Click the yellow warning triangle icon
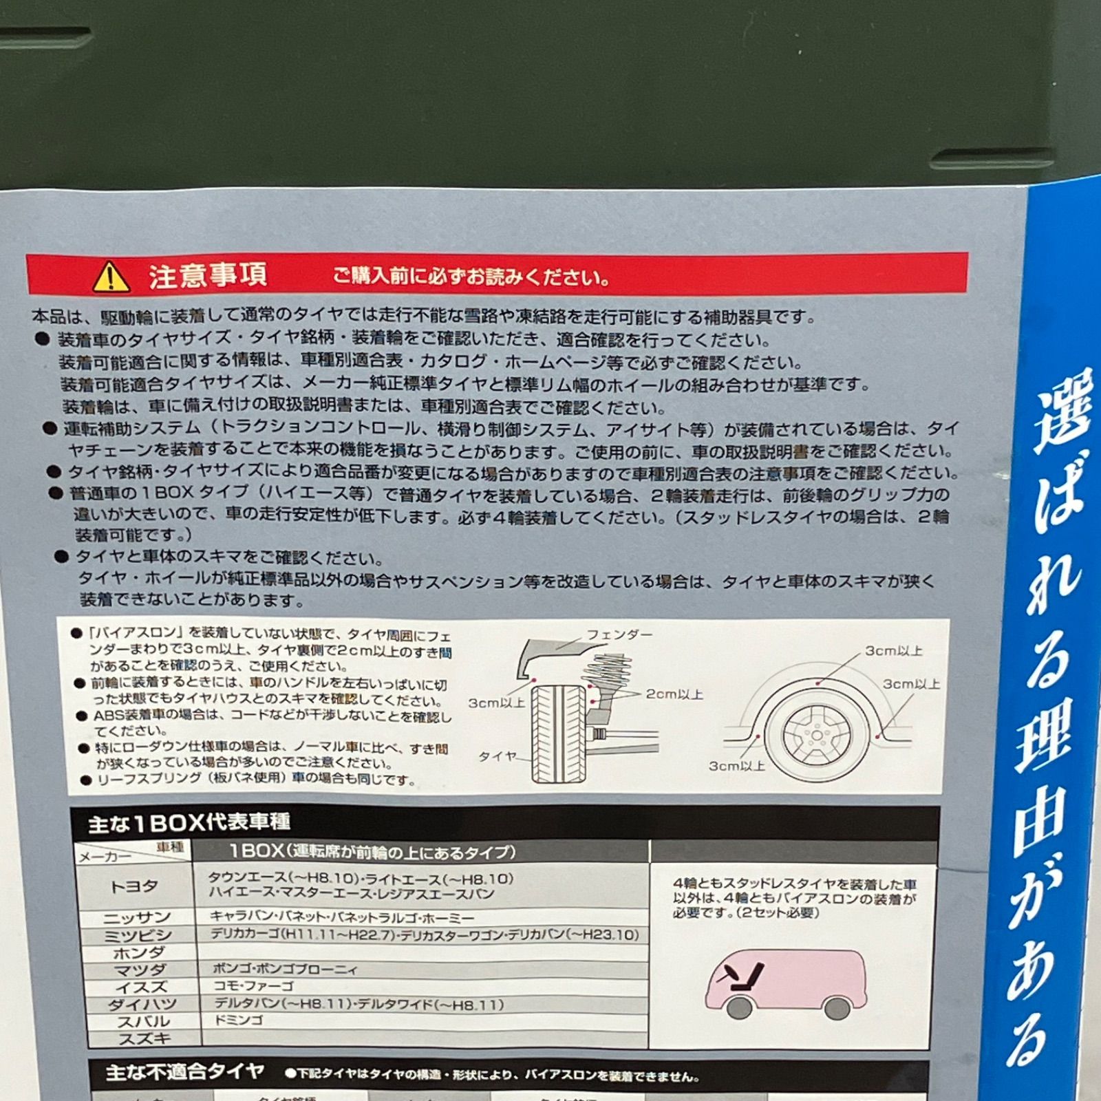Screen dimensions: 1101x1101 [x=111, y=277]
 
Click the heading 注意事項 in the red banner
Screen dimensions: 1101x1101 [x=207, y=275]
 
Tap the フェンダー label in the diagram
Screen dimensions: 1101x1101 [x=619, y=634]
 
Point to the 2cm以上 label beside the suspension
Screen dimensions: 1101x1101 [x=674, y=694]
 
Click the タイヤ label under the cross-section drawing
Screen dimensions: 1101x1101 [x=497, y=756]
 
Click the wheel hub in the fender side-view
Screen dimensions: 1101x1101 [x=817, y=735]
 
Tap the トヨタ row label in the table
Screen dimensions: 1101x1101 [x=134, y=887]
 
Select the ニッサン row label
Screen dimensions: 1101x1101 [x=136, y=918]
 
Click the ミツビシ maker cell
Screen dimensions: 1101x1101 [x=138, y=935]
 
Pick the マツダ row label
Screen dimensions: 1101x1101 [x=140, y=970]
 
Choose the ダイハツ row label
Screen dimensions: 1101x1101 [x=142, y=1005]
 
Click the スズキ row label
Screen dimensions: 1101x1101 [x=145, y=1038]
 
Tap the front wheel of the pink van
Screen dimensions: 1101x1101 [x=738, y=1007]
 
